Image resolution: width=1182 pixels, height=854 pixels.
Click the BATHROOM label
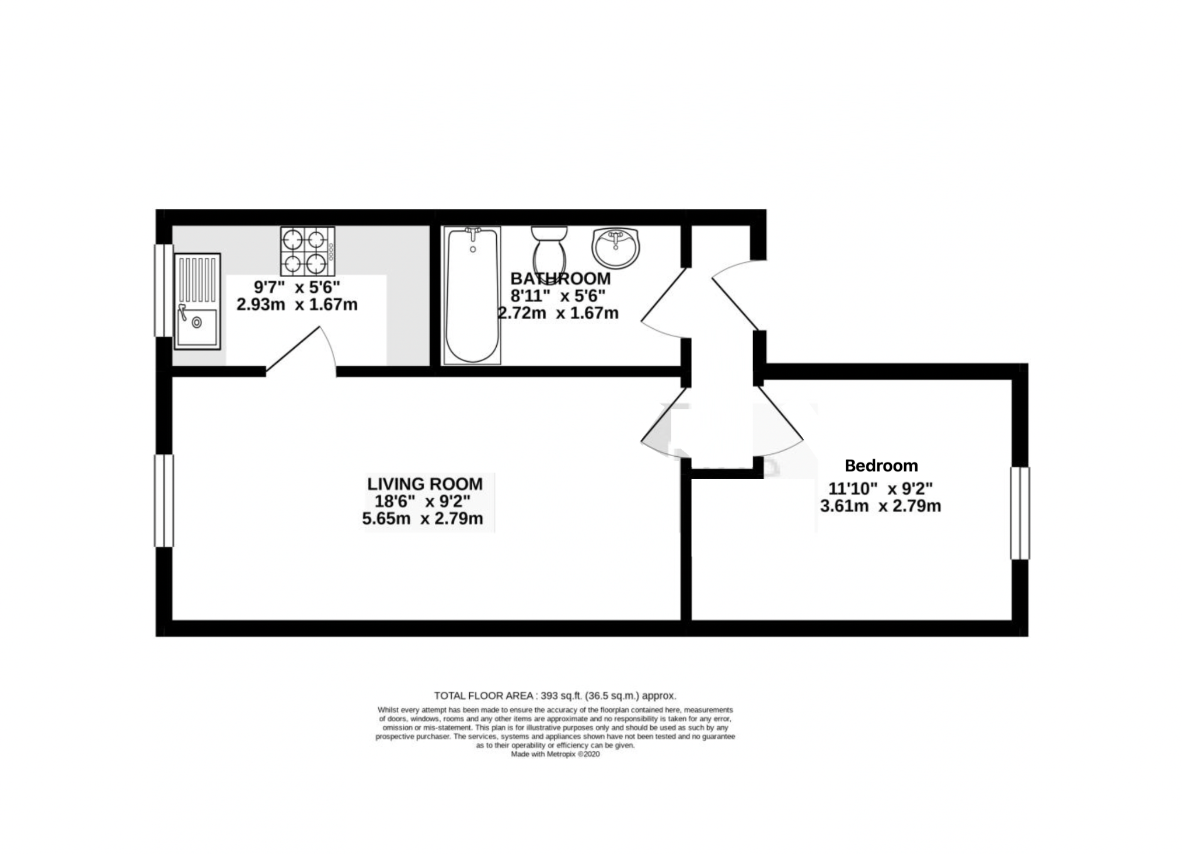click(560, 278)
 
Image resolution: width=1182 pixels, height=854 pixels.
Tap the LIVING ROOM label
click(424, 484)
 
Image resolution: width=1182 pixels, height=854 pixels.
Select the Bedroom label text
click(881, 466)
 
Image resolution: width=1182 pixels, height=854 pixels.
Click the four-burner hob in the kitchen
click(307, 251)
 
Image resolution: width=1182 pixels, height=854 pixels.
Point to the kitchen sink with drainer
click(197, 301)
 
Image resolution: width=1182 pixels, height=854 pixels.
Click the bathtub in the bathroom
click(472, 295)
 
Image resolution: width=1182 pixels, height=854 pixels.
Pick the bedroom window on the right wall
click(1020, 513)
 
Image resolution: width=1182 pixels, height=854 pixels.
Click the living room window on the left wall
click(163, 501)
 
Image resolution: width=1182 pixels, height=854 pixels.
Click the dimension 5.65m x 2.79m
click(423, 519)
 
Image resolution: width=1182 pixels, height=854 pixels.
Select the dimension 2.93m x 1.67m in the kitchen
click(297, 304)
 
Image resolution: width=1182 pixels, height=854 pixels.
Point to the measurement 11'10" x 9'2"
click(880, 488)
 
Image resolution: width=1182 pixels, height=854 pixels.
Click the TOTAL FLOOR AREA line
click(555, 695)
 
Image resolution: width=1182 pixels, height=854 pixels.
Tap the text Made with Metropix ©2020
click(555, 754)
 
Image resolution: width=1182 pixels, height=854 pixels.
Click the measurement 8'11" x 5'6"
click(557, 296)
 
